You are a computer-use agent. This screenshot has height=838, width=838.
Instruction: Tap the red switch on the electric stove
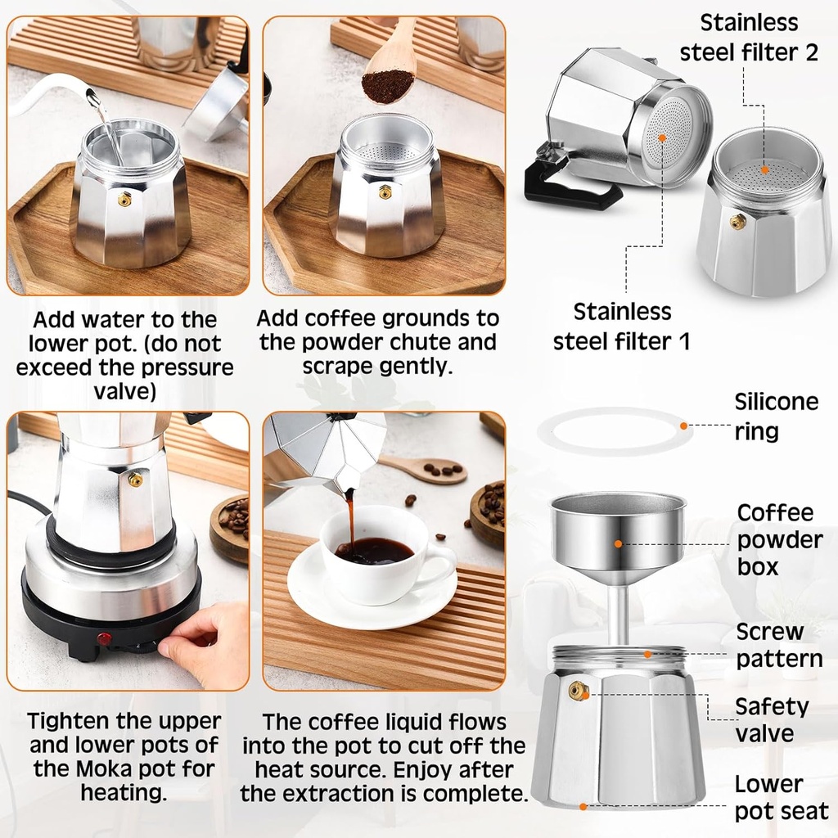tap(104, 638)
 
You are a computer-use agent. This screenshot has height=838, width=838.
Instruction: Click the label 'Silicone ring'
tap(776, 416)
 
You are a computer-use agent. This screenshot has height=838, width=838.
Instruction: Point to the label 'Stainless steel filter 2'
tap(748, 37)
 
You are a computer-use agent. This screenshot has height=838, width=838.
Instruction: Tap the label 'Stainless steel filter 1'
tap(622, 326)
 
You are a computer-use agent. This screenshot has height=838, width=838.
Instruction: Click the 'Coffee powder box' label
tap(779, 539)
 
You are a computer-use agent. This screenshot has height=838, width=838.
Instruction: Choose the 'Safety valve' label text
tap(771, 719)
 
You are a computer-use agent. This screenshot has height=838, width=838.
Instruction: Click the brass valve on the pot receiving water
tap(125, 199)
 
